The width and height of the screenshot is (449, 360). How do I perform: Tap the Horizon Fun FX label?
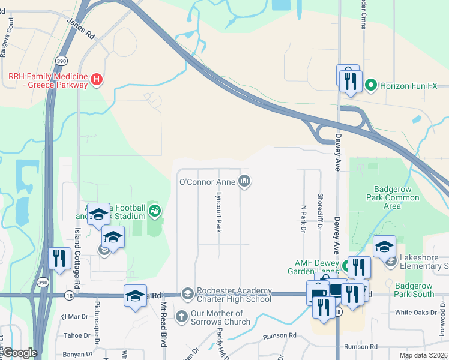408,86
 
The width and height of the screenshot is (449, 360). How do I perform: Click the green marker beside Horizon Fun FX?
371,86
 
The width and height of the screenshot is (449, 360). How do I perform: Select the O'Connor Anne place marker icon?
244,181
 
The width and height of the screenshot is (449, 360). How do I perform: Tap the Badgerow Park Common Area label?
393,197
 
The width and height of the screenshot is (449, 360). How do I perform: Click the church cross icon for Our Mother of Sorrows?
182,315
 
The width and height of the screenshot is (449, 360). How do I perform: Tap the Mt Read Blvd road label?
163,324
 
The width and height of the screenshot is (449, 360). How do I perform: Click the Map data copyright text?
423,355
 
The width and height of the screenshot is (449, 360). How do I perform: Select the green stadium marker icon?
155,210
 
